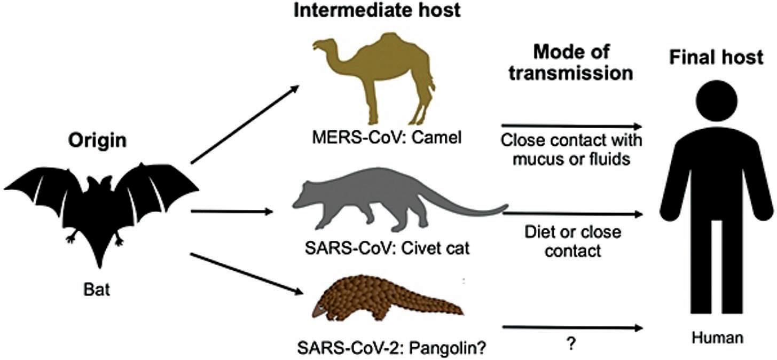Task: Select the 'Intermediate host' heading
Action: pyautogui.click(x=377, y=11)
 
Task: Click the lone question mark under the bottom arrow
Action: pyautogui.click(x=571, y=345)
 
